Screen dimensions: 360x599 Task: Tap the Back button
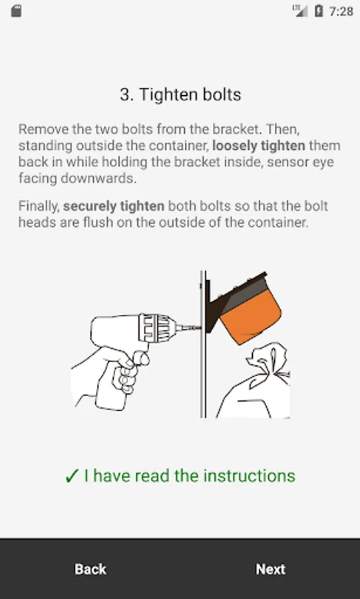(x=90, y=569)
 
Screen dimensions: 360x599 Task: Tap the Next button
(x=270, y=569)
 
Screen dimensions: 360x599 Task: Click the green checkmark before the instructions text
(x=71, y=477)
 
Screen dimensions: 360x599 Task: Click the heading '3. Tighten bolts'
(x=180, y=95)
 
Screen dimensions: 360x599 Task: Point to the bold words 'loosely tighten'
(x=258, y=146)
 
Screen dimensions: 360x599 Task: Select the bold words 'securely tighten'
(x=114, y=206)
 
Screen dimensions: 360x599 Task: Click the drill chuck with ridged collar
(x=157, y=327)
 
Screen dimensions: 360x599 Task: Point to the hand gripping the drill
(x=109, y=376)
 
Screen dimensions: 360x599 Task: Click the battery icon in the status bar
(x=318, y=11)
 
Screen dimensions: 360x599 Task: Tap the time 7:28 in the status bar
(x=341, y=11)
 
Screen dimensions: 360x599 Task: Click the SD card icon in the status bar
(x=16, y=11)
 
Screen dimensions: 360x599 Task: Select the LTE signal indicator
(x=301, y=11)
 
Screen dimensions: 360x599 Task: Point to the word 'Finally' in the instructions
(x=39, y=206)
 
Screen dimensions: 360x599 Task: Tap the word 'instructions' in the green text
(x=250, y=476)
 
